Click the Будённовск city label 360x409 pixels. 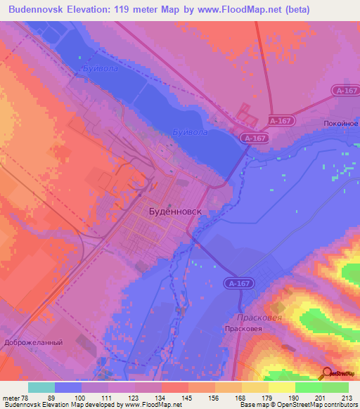[176, 210]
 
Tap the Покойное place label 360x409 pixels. [341, 123]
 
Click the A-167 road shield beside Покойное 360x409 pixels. [345, 91]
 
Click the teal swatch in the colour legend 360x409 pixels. [41, 387]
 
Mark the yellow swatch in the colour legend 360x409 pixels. [281, 387]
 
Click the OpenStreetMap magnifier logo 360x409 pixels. [327, 372]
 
